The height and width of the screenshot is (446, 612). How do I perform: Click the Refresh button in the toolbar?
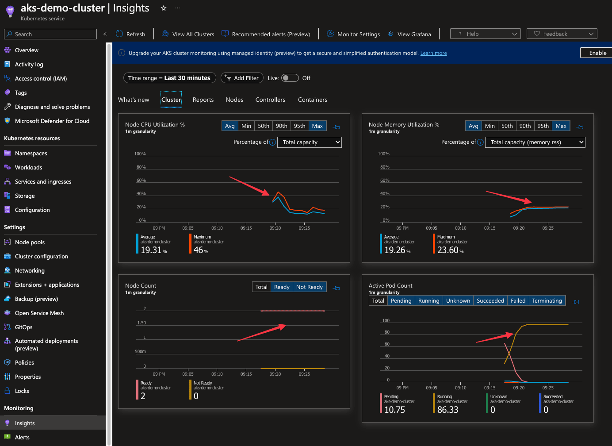coord(130,34)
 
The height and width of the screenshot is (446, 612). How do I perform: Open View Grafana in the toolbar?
coord(409,34)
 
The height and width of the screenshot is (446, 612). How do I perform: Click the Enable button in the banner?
coord(597,53)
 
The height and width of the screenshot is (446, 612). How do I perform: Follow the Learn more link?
coord(433,53)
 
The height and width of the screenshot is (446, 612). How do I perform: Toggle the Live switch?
coord(290,78)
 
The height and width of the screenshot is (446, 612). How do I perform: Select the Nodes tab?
coord(234,100)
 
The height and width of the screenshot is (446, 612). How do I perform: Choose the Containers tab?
coord(313,100)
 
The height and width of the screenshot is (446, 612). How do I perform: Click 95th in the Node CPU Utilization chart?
coord(299,126)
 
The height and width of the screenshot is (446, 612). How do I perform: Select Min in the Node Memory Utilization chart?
coord(490,126)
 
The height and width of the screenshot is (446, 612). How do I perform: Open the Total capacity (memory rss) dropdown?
coord(535,142)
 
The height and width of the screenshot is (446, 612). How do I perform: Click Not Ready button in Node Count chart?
coord(309,287)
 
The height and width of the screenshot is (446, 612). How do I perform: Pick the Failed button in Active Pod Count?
coord(518,301)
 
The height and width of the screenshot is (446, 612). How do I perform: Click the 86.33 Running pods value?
coord(448,410)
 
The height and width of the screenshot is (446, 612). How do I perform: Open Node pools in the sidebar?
coord(30,242)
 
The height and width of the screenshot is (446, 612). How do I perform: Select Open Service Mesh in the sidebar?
coord(39,313)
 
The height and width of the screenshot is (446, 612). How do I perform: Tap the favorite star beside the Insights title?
coord(164,8)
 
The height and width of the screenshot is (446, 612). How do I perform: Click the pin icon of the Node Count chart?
coord(337,288)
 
